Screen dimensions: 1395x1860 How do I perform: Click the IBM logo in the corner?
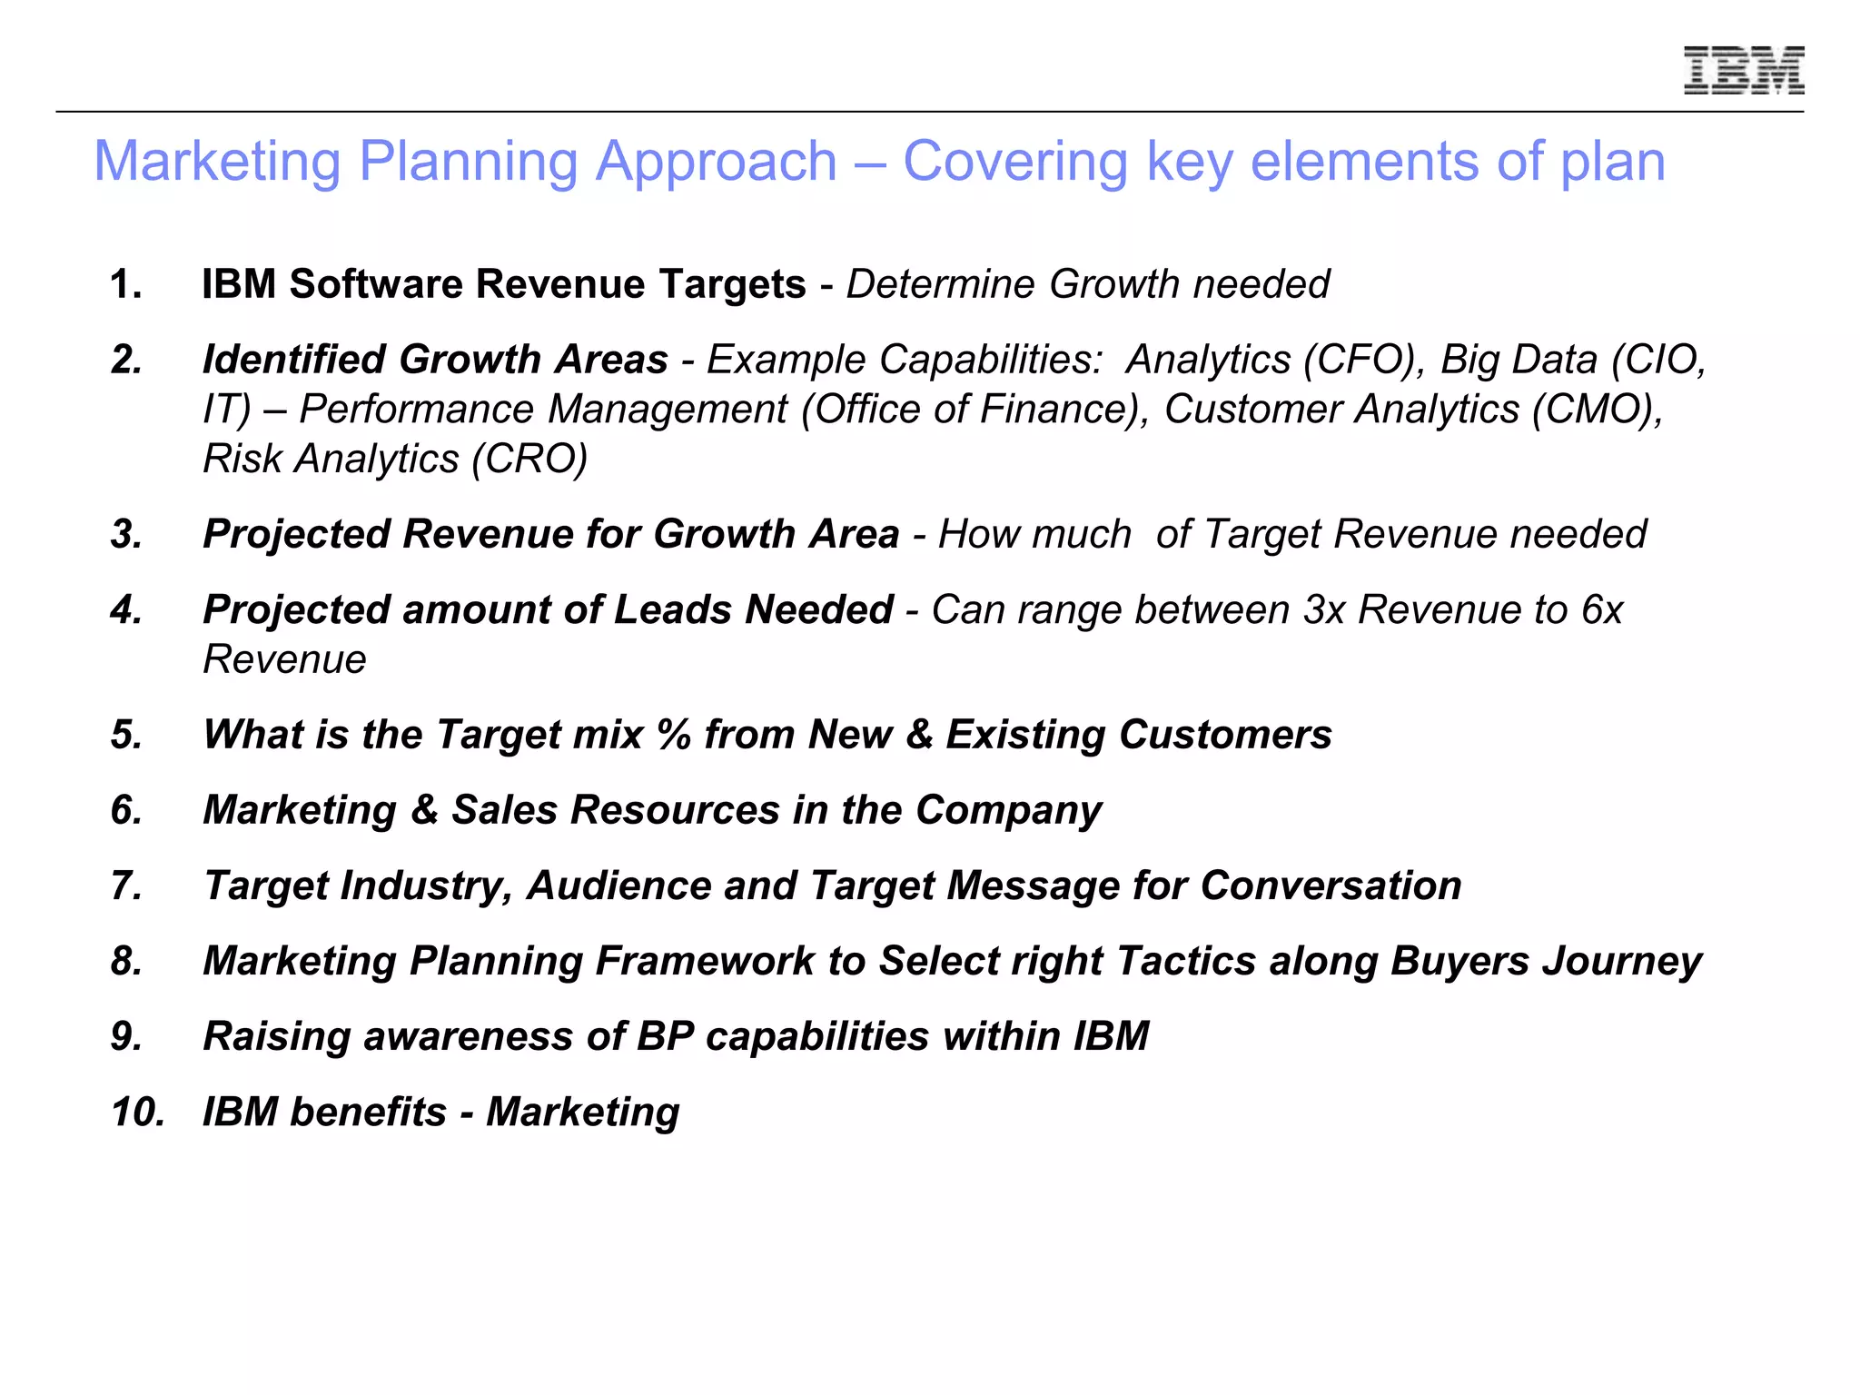coord(1743,70)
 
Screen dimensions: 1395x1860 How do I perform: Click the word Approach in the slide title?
coord(715,162)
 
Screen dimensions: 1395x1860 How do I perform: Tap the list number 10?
coord(137,1112)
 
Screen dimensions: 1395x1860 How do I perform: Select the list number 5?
coord(126,734)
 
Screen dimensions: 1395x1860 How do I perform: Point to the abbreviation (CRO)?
coord(529,459)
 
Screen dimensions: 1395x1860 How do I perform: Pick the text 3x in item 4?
coord(1323,609)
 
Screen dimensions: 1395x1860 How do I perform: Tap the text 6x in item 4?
coord(1601,609)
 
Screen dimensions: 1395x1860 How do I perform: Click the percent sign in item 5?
coord(674,734)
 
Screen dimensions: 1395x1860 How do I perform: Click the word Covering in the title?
coord(1014,162)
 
